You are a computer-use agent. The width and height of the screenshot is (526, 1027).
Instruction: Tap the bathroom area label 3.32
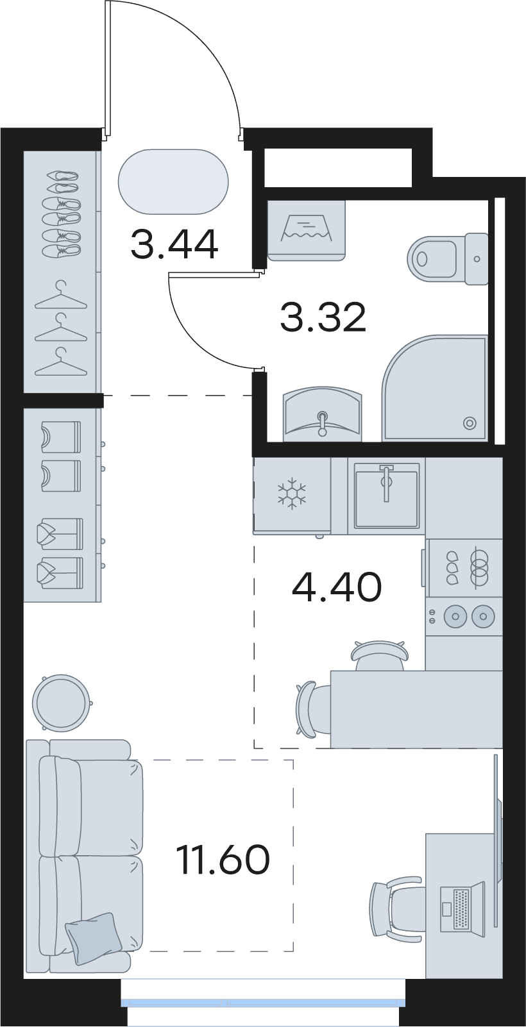[x=323, y=317]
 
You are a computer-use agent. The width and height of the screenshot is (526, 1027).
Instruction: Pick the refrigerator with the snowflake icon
[x=292, y=495]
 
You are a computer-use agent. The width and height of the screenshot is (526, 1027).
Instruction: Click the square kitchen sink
[x=387, y=495]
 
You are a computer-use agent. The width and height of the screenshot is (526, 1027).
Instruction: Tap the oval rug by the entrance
[x=173, y=181]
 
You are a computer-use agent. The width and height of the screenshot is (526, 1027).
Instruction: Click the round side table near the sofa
[x=60, y=701]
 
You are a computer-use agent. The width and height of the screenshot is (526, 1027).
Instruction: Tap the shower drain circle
[x=470, y=422]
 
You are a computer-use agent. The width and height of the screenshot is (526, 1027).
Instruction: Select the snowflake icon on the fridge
[x=291, y=494]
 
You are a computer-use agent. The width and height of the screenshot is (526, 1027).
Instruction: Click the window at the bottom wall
[x=263, y=1001]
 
